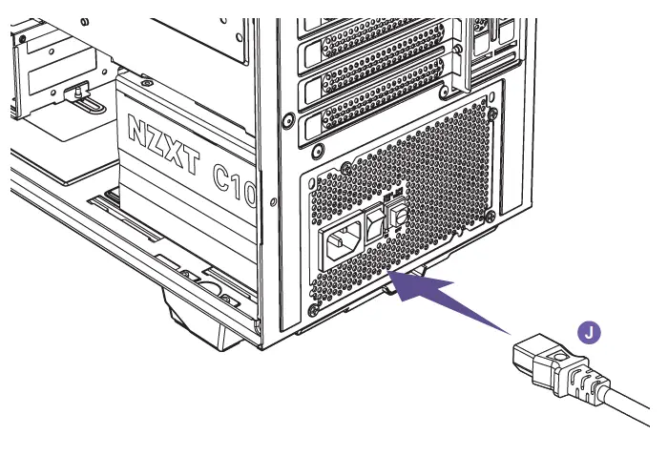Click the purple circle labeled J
coord(592,331)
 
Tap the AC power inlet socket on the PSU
coord(344,246)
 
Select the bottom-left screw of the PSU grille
coord(314,312)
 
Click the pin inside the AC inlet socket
coord(341,242)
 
